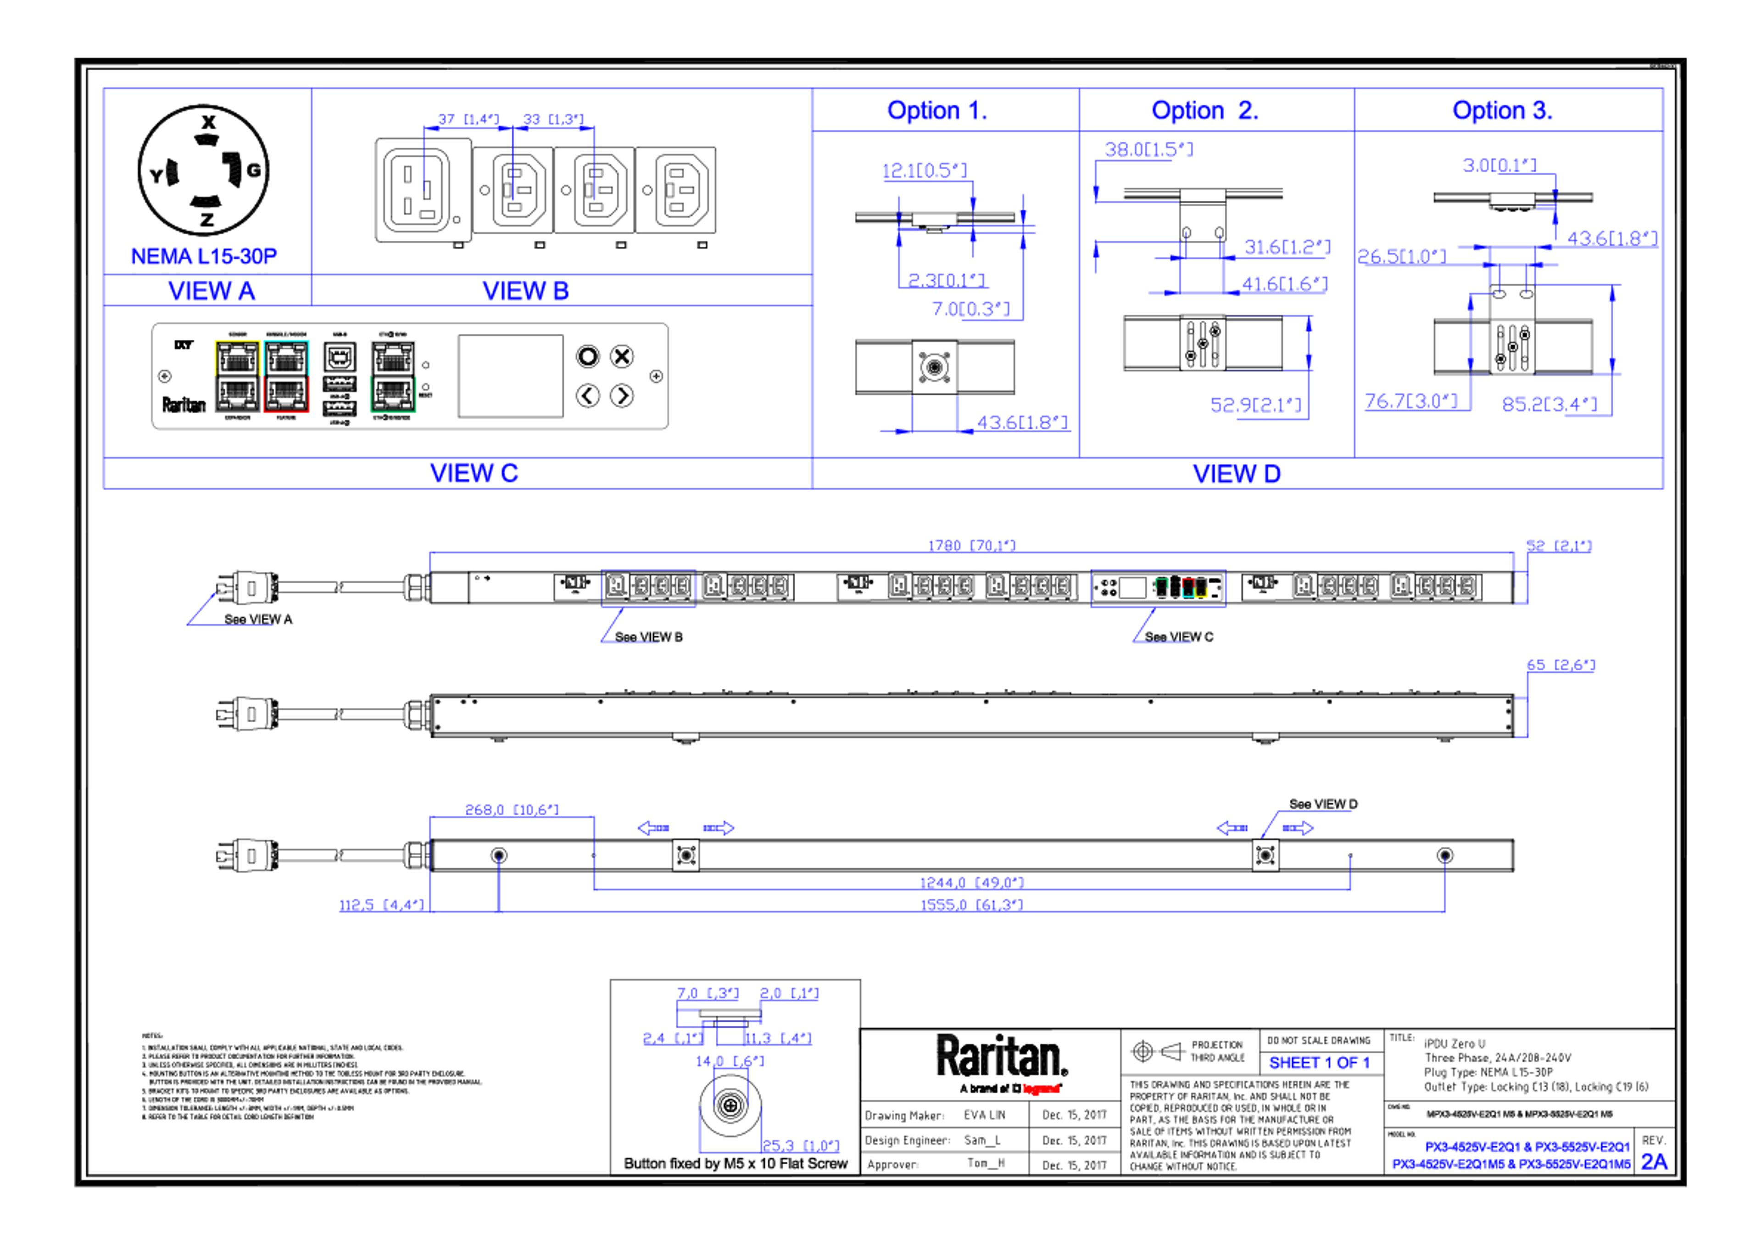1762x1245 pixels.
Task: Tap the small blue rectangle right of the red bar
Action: tap(1325, 1064)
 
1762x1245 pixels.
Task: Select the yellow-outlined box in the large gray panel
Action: tap(237, 376)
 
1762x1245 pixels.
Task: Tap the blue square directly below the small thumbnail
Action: tap(1163, 667)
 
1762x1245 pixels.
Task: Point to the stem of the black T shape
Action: tap(933, 249)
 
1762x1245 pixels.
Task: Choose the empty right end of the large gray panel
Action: tap(737, 388)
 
